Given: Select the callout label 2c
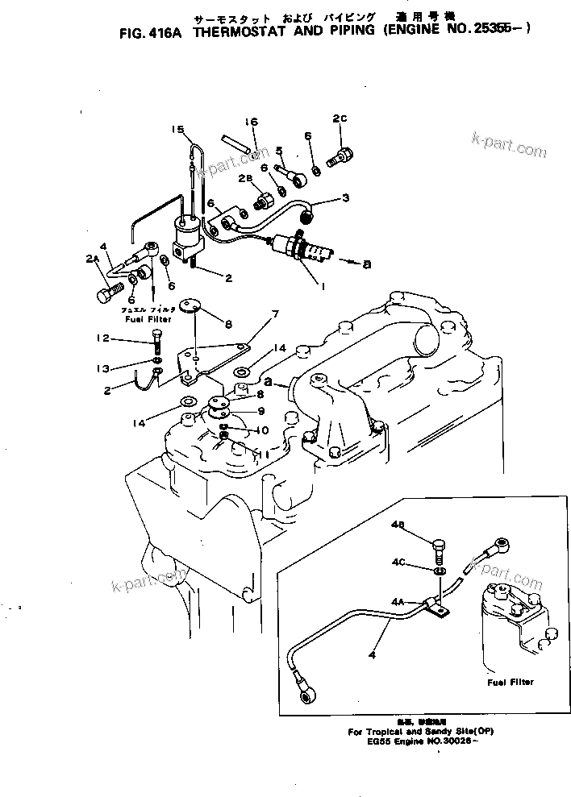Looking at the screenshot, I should pyautogui.click(x=340, y=118).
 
